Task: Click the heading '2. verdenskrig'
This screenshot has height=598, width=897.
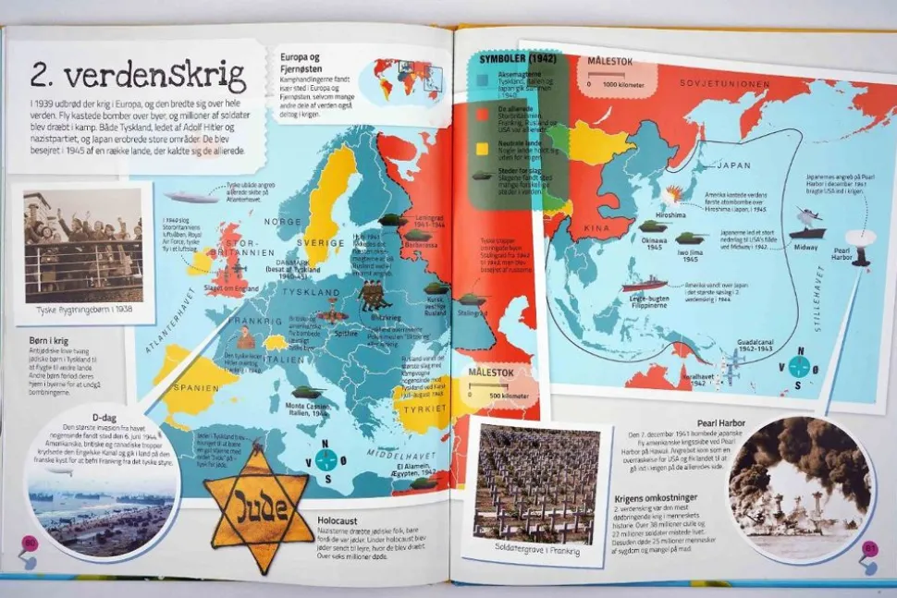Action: click(138, 74)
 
